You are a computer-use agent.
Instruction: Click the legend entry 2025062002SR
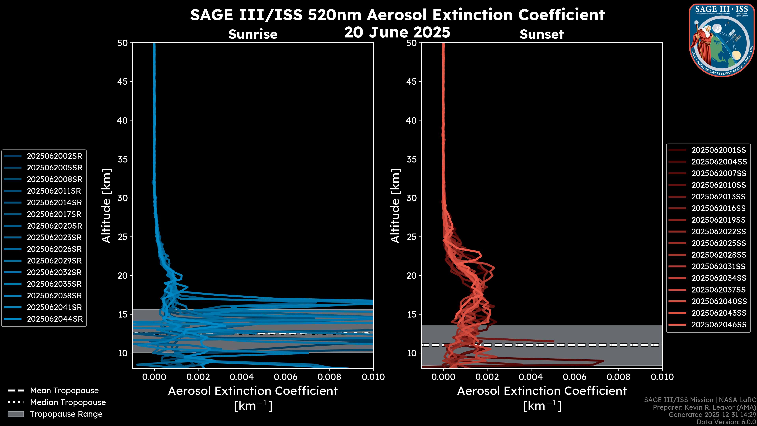(54, 156)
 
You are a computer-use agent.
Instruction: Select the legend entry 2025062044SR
(55, 319)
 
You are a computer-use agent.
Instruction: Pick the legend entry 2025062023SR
(54, 237)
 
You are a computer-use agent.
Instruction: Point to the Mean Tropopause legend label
(64, 391)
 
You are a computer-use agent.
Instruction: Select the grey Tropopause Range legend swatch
(16, 414)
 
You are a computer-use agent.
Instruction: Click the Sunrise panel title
(253, 34)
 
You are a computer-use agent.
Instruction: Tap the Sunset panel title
(542, 34)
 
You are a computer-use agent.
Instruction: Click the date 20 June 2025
(397, 32)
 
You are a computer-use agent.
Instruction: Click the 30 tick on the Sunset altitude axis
(412, 198)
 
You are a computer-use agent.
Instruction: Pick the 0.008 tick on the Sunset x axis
(619, 377)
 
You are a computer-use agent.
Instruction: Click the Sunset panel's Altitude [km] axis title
(395, 206)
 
